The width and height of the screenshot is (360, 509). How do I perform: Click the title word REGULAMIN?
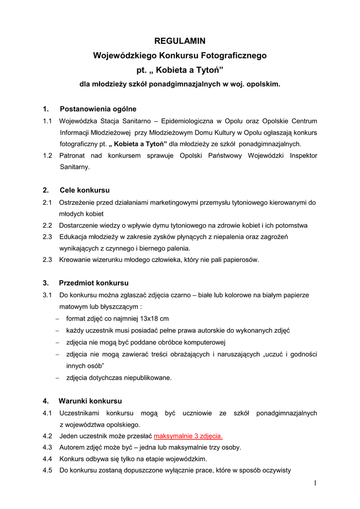pos(180,41)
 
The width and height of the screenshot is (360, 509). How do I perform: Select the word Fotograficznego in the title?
pos(236,56)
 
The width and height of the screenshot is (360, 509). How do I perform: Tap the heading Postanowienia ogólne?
pos(98,109)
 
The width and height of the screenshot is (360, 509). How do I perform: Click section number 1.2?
pos(48,156)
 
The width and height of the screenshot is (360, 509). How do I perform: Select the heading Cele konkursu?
pos(85,190)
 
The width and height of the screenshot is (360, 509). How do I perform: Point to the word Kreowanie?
pos(74,259)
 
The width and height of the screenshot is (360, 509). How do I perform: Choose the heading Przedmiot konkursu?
pos(93,283)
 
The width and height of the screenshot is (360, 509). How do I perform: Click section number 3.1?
pos(48,295)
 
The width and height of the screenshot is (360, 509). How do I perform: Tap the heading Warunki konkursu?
pos(90,401)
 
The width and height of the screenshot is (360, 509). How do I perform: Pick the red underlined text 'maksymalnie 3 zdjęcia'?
pos(188,436)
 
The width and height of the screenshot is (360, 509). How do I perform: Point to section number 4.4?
pos(48,459)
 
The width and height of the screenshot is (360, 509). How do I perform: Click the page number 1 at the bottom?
pos(315,483)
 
